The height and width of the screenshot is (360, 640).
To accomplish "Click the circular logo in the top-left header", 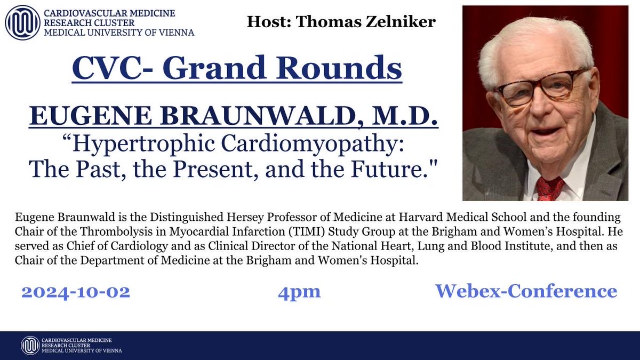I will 23,22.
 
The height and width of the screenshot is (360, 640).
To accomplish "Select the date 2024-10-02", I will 76,292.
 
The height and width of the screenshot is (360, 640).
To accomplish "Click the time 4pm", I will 299,292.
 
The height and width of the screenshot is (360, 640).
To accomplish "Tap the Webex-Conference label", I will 526,291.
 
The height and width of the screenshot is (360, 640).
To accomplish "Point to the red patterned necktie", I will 549,188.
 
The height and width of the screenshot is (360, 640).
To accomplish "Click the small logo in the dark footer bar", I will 30,345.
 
